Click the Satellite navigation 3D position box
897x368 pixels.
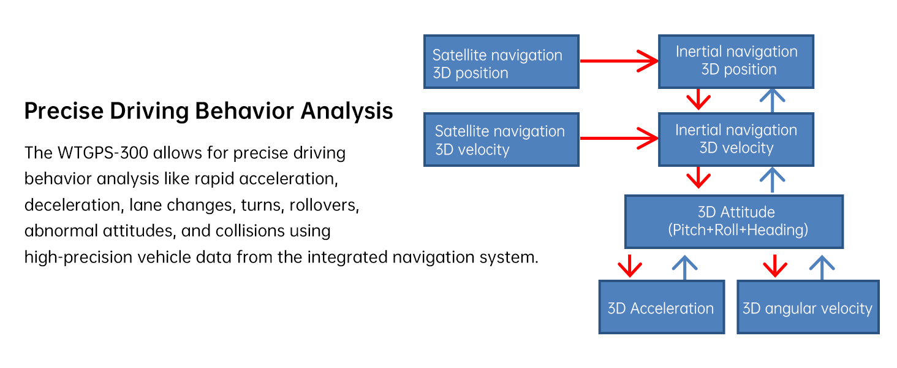(501, 62)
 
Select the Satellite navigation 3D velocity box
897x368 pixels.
(501, 139)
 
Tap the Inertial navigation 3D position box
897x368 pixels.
(736, 62)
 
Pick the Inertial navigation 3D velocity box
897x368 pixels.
(736, 139)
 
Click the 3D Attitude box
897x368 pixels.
(734, 221)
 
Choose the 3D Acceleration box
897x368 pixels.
(662, 307)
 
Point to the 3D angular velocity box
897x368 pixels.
(808, 307)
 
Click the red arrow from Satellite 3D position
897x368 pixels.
(619, 61)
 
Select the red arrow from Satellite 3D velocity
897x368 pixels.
(619, 138)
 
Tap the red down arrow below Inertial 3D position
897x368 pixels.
(698, 99)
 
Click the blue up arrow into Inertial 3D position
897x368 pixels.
(772, 100)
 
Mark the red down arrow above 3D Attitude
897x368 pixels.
(698, 178)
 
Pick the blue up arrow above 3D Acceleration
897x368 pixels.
(685, 267)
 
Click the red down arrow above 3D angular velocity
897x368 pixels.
(775, 266)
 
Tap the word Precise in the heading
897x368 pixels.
(64, 111)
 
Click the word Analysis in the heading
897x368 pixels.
(347, 111)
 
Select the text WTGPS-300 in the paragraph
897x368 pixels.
(103, 153)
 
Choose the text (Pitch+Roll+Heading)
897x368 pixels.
(738, 230)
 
